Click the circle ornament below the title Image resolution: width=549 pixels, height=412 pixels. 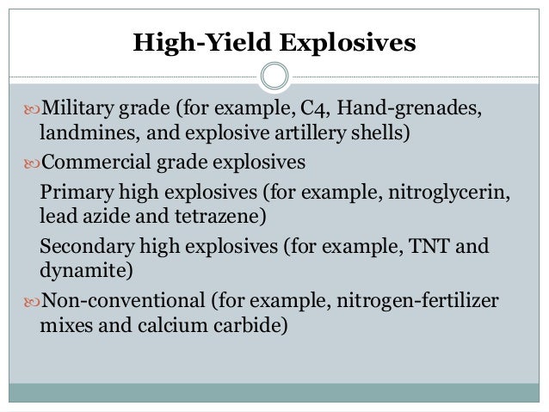[274, 76]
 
